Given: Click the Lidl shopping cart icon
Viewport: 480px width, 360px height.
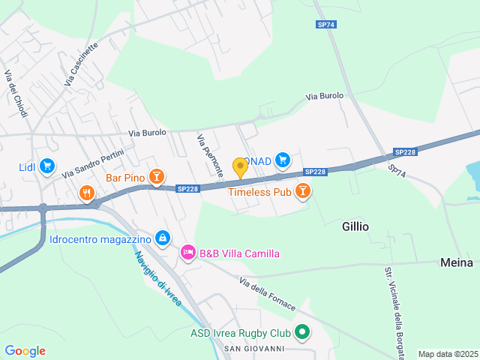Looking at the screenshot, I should pyautogui.click(x=46, y=166).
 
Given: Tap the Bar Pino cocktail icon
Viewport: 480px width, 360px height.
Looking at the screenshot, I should pyautogui.click(x=156, y=177).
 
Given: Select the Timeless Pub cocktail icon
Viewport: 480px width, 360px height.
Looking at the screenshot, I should pyautogui.click(x=302, y=192).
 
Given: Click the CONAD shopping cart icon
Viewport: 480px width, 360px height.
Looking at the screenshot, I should pyautogui.click(x=282, y=159).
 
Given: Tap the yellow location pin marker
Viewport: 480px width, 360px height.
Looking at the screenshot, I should pyautogui.click(x=240, y=166).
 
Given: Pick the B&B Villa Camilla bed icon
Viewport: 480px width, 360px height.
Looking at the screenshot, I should pyautogui.click(x=187, y=253).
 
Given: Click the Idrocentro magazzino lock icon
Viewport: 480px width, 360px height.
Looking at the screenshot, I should pyautogui.click(x=162, y=238).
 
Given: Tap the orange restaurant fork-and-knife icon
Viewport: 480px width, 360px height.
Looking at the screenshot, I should pyautogui.click(x=87, y=194).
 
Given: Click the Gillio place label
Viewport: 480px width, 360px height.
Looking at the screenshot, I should pyautogui.click(x=355, y=226).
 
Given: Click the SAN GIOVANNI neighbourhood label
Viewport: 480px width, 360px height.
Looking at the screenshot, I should pyautogui.click(x=254, y=349).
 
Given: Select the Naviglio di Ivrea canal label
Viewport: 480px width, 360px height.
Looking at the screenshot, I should pyautogui.click(x=158, y=277).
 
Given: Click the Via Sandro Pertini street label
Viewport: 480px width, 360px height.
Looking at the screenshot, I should pyautogui.click(x=93, y=161).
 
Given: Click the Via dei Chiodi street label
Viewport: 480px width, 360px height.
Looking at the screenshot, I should pyautogui.click(x=16, y=93).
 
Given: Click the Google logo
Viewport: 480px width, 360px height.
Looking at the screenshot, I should pyautogui.click(x=25, y=351).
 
